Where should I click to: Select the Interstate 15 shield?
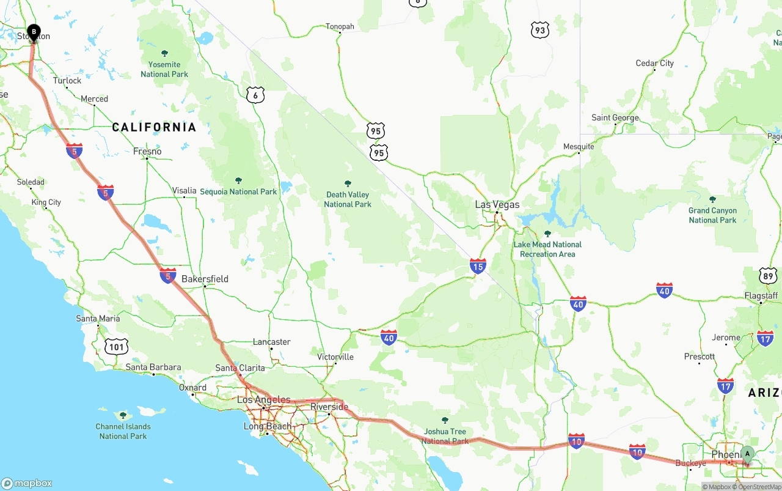coord(478,265)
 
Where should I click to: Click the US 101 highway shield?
coord(116,347)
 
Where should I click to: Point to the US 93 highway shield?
coord(539,30)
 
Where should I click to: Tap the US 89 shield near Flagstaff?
coord(768,275)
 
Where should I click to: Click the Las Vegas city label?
coord(497,204)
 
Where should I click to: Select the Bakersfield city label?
coord(205,279)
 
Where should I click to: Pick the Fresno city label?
coord(147,151)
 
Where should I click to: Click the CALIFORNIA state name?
coord(154,127)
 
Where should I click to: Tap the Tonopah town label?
coord(340,26)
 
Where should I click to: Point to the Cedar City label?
coord(654,63)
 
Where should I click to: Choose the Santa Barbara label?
coord(153,367)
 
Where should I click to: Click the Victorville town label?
coord(335,356)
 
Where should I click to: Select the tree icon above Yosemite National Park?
coord(164,53)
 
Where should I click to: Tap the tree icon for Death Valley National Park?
coord(348,183)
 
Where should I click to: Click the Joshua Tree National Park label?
coord(445,436)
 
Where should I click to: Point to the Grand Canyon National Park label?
coord(712,215)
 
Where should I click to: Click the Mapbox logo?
coord(27,483)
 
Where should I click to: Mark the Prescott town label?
coord(700,356)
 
